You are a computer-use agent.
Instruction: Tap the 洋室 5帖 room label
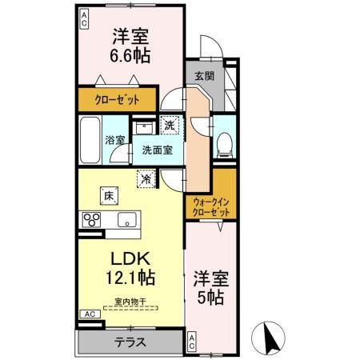(212, 289)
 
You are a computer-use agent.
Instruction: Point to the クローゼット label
(119, 100)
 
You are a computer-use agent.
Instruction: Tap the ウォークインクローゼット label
(212, 208)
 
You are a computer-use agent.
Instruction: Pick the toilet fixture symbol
(225, 142)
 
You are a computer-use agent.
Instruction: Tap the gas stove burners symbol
(90, 221)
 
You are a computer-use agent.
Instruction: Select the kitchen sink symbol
(126, 221)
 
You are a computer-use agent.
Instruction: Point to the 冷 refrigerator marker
(146, 180)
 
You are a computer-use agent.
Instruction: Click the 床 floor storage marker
(106, 194)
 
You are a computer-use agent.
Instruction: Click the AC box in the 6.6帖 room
(84, 17)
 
